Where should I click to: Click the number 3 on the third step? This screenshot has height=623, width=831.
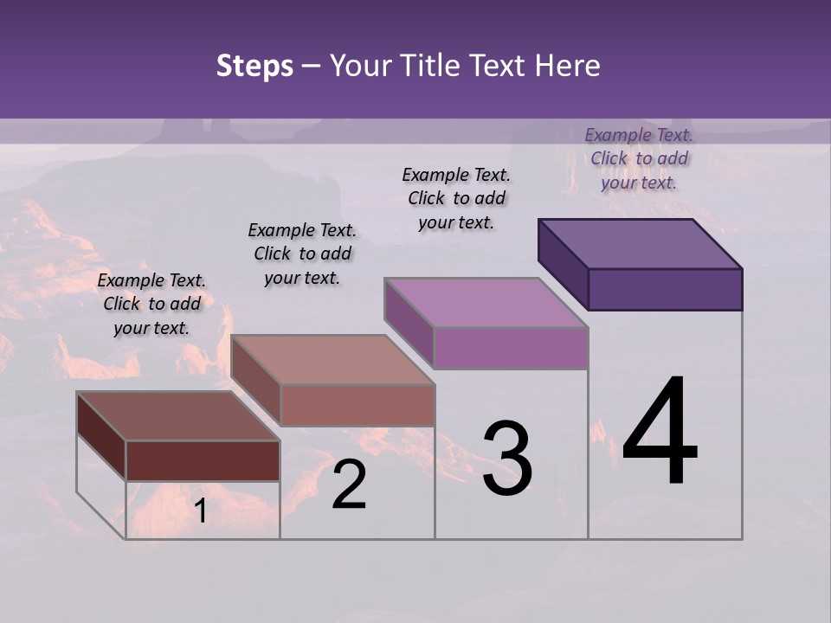coord(507,459)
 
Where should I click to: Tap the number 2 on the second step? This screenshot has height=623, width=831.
coord(349,485)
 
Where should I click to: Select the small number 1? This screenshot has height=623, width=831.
coord(200,511)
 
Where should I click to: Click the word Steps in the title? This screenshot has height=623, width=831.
coord(254,66)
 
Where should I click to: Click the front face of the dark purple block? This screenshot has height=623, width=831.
coord(665,289)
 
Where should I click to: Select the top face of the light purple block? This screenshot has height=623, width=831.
coord(486,303)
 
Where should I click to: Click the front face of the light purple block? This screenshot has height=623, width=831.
coord(511,348)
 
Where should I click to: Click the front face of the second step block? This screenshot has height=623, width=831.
coord(358,405)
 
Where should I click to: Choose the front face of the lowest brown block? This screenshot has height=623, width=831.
coord(203,460)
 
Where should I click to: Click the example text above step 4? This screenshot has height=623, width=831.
coord(639,158)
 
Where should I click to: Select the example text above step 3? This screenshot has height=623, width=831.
coord(456,198)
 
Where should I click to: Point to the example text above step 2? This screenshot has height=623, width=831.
coord(302,254)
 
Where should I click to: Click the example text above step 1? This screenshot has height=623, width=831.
coord(151,304)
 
